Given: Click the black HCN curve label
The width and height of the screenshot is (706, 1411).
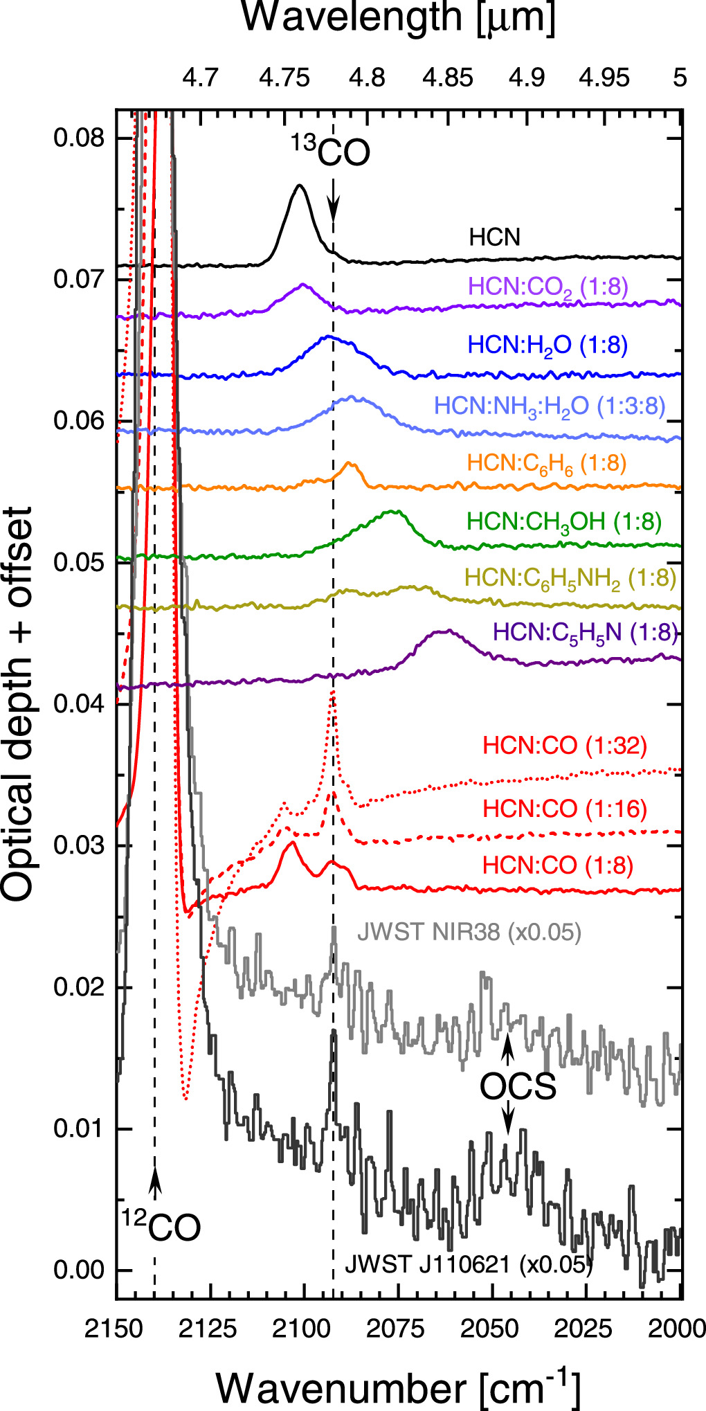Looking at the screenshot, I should pos(494,238).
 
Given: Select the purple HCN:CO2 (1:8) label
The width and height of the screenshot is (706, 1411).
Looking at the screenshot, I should pos(548,287).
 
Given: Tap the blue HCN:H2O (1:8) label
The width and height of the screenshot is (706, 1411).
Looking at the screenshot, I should pos(547,345).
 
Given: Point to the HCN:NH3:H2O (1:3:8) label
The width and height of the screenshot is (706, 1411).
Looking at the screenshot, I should pos(550,406).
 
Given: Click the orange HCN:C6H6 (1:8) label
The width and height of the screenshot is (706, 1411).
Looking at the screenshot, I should pos(547,464).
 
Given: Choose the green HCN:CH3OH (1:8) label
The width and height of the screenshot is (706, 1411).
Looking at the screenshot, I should pos(564,522).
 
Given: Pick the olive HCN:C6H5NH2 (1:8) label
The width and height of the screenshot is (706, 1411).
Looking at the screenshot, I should pos(570,578).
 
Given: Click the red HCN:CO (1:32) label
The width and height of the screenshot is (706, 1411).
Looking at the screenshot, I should pos(565,746).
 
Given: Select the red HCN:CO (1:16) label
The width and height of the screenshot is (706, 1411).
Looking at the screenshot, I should pos(565,809).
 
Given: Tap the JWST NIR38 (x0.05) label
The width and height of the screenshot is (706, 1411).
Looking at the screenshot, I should pos(469,933).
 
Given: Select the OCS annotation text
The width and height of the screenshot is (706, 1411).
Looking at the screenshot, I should pos(518,1087).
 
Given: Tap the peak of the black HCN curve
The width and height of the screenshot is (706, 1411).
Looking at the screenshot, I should pos(299,185).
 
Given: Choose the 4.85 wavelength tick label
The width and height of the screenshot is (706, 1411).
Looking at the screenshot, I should pos(449,78).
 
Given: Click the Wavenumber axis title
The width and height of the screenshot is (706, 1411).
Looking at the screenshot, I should pos(398,1387).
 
